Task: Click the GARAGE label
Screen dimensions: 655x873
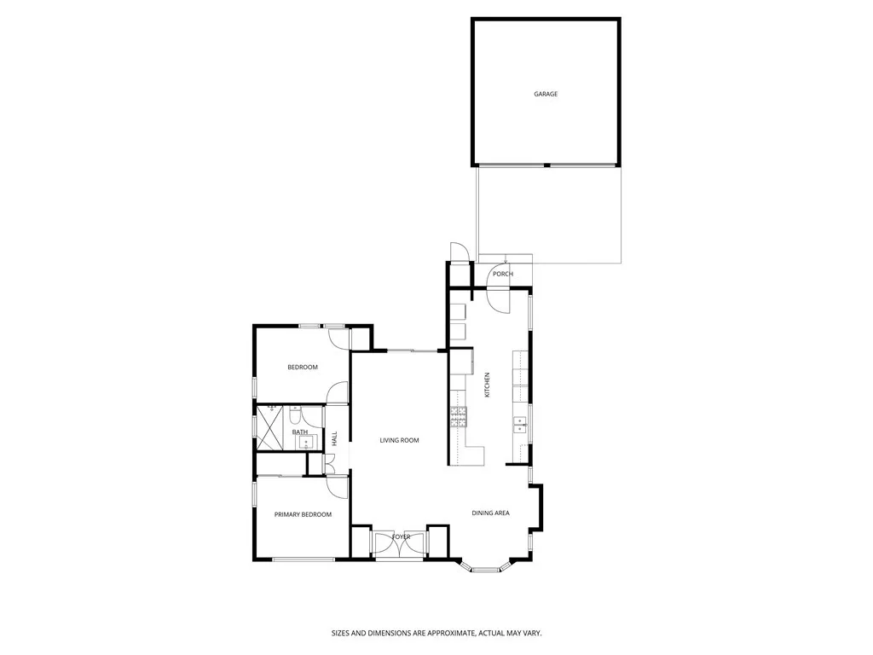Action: click(x=546, y=94)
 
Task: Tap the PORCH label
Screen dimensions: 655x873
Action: click(x=503, y=274)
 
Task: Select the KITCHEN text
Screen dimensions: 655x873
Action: click(x=488, y=385)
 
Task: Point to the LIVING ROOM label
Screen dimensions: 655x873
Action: click(x=400, y=440)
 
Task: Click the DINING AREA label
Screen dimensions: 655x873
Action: click(x=491, y=513)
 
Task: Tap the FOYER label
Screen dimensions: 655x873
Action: click(x=401, y=536)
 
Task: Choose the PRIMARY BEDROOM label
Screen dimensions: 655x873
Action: click(x=303, y=514)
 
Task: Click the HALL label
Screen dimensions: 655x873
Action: click(x=335, y=438)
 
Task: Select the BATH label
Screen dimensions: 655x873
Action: click(x=300, y=432)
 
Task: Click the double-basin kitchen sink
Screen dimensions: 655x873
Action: click(x=519, y=423)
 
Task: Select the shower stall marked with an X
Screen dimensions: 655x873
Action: click(x=274, y=427)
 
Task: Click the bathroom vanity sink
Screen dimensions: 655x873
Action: click(x=306, y=441)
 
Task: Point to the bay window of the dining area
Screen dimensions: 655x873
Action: click(x=486, y=567)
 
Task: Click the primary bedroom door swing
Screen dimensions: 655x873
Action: click(x=337, y=487)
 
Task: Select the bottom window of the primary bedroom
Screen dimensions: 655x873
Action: click(x=303, y=559)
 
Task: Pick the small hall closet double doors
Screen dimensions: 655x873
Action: click(x=329, y=463)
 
